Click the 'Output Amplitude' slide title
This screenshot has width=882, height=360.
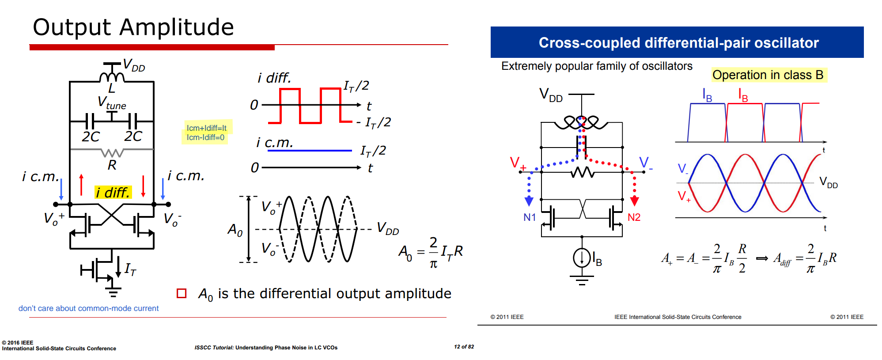coord(133,27)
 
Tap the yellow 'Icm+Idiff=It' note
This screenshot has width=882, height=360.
coord(206,128)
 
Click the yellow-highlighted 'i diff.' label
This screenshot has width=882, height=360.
coord(113,192)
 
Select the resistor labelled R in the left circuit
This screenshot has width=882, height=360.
coord(112,153)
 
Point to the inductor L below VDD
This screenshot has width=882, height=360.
coord(112,77)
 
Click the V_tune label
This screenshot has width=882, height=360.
coord(112,103)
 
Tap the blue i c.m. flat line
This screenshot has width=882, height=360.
coord(310,151)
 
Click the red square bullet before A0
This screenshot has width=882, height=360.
coord(182,293)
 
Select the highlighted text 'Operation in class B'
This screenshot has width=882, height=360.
coord(768,75)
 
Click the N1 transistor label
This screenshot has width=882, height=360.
coord(530,217)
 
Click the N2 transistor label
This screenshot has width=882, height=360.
coord(634,217)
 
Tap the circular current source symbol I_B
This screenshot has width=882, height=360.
coord(582,258)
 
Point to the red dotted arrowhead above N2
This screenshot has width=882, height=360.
coord(635,201)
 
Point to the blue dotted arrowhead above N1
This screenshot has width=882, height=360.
coord(529,201)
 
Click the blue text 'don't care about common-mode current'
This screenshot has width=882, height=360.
coord(88,308)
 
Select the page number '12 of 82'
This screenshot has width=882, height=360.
coord(464,347)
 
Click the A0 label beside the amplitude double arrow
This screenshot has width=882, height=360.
coord(235,230)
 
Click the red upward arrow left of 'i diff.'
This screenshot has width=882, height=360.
coord(81,185)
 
